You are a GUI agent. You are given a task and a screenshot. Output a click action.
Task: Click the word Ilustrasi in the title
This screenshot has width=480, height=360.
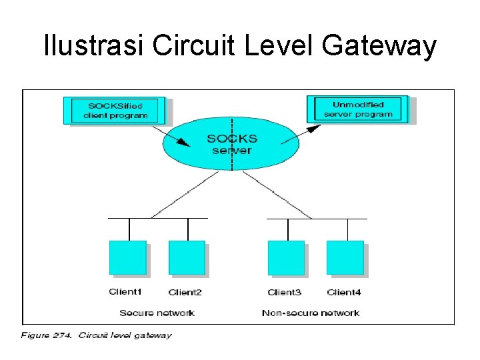(93, 47)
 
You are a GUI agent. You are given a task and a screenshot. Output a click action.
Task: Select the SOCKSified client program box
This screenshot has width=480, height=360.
(115, 110)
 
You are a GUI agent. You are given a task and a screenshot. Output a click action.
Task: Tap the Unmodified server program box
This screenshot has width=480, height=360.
(358, 109)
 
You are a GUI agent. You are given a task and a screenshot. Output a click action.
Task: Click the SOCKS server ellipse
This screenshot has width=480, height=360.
(231, 144)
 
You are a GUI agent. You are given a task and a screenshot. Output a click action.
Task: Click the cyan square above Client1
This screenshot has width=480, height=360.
(127, 258)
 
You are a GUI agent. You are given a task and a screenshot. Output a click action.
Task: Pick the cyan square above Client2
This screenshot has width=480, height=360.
(187, 258)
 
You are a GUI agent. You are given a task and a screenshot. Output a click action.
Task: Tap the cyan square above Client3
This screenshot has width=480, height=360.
(286, 258)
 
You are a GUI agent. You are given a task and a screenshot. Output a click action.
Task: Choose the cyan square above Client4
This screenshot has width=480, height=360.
(345, 258)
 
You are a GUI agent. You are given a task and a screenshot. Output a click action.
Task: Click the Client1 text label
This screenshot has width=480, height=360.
(126, 292)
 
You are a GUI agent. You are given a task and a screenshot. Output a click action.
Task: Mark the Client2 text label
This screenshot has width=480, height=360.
(185, 293)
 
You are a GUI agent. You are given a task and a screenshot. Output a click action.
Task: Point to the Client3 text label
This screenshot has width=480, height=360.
(285, 293)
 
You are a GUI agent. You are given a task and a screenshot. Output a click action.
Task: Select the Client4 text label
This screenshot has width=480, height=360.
(344, 293)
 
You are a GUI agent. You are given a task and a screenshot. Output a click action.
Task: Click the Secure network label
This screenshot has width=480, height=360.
(157, 313)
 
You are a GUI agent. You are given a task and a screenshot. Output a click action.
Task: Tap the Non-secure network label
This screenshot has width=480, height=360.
(311, 313)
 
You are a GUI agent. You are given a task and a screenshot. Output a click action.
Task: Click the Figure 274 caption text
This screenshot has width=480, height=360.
(96, 335)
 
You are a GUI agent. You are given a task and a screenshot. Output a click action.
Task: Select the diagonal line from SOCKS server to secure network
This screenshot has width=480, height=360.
(185, 195)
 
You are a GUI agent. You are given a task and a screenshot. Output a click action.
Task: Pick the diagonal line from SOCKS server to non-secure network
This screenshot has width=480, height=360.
(277, 195)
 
